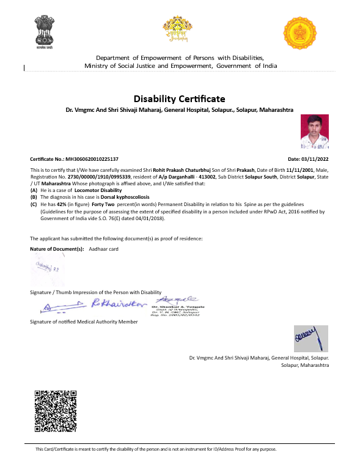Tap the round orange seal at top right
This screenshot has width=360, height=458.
[300, 33]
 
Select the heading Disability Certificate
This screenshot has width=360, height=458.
[179, 98]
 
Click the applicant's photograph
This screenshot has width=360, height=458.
[315, 133]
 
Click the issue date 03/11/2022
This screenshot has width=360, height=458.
[317, 158]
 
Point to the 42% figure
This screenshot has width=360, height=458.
[62, 204]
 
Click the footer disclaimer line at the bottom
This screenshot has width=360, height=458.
[156, 449]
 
